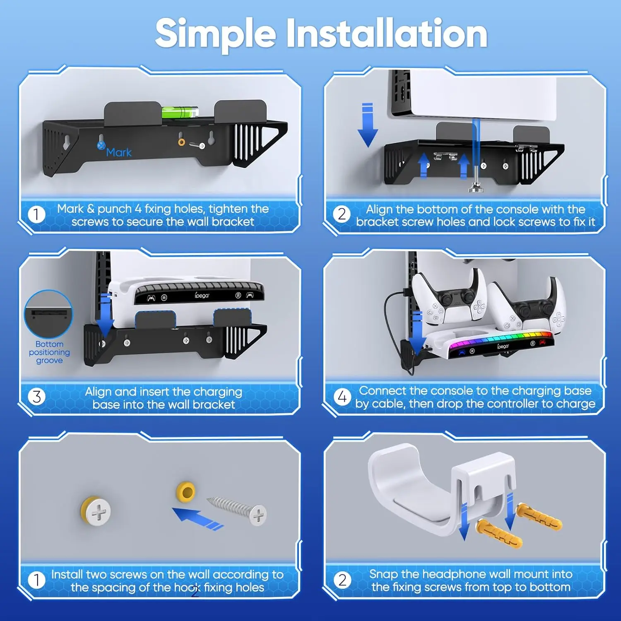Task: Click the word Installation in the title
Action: pos(387,33)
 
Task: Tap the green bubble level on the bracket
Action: pos(180,112)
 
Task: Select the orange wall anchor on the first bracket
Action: pos(181,142)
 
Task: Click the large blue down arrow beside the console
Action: pos(367,125)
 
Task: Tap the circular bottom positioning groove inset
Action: pos(48,315)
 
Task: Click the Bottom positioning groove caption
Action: pos(49,352)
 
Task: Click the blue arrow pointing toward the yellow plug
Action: pos(198,519)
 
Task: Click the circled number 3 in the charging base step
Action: pos(36,397)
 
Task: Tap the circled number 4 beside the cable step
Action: pos(342,397)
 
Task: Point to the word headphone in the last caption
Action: pos(452,574)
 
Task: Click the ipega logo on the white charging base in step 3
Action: pos(202,296)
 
